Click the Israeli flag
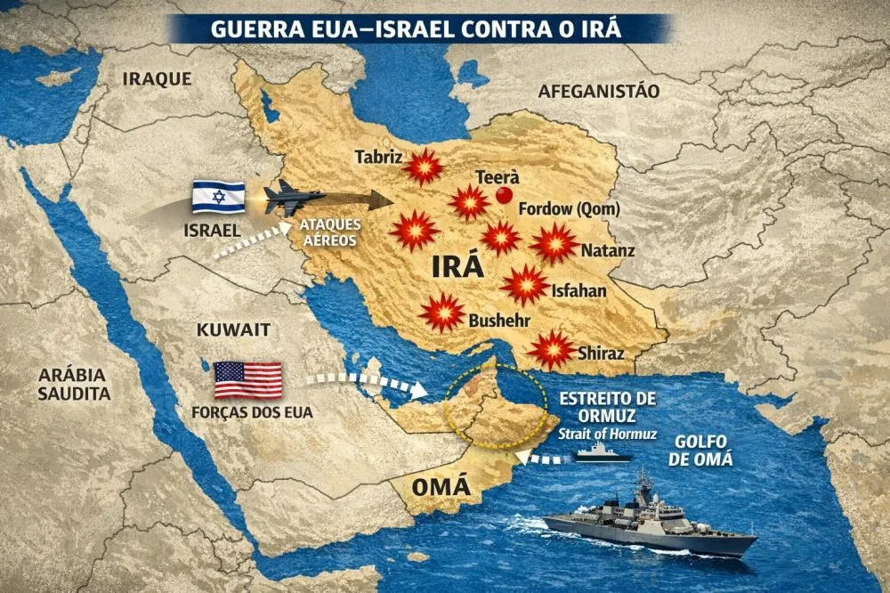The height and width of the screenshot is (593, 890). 218,198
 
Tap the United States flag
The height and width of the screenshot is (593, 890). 247,380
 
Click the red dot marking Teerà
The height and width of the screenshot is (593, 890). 505,196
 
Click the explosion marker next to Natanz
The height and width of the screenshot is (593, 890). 554,243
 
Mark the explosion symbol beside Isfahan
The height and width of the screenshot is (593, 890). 524,285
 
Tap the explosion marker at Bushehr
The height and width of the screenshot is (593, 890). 442,313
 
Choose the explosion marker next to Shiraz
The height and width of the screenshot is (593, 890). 551,349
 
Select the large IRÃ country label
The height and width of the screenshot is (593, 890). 457,266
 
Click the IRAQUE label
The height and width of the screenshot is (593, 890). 157,79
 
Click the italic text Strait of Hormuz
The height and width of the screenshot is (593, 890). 608,434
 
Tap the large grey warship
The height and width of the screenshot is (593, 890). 650,524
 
